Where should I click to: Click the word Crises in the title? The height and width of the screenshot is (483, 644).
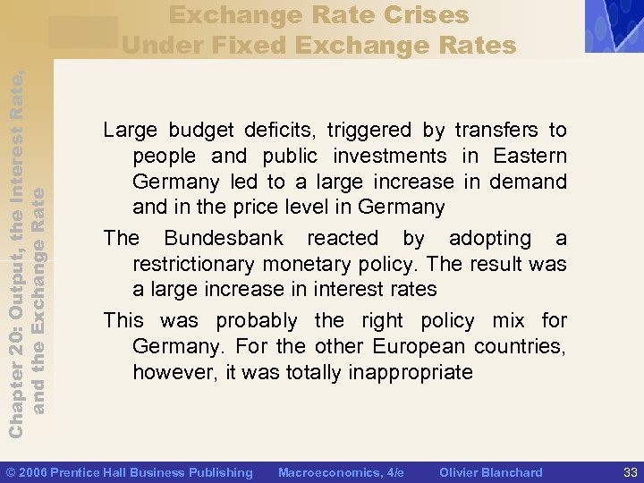coord(426,15)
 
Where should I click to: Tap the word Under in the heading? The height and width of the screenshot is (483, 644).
coord(163,44)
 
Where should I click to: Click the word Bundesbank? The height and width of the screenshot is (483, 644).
coord(224,239)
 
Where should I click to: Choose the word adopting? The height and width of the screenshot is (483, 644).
coord(490,239)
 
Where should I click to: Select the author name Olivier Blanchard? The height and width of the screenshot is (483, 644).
coord(491,472)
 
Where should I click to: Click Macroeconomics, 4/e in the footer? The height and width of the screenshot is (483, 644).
coord(341,472)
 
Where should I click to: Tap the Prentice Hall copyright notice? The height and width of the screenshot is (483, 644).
coord(130,472)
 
